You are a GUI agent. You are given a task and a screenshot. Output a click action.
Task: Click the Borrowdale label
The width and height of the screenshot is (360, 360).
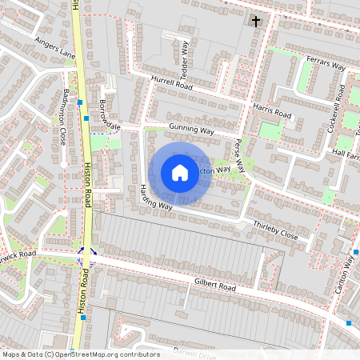[108, 117]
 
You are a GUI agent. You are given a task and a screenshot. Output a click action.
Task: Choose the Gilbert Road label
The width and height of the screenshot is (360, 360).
[215, 286]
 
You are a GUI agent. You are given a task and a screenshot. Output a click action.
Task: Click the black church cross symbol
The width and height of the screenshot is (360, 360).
[257, 21]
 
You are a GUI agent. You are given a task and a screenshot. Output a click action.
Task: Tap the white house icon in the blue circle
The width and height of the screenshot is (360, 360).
[180, 173]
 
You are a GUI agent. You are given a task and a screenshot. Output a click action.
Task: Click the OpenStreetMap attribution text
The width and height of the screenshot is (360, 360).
[81, 354]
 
